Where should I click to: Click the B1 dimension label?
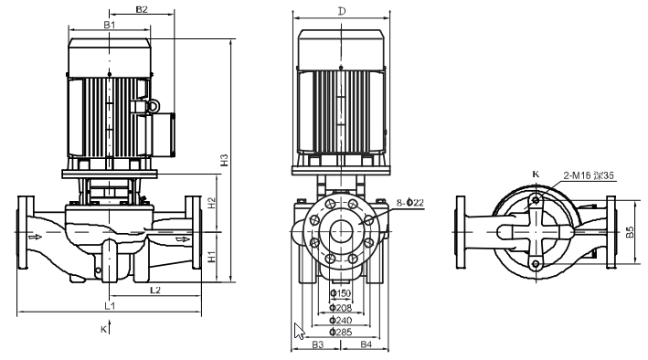[x=109, y=25]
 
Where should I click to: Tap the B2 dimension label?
[x=142, y=9]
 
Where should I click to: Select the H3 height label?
[x=224, y=160]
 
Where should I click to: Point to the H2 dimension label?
[x=212, y=203]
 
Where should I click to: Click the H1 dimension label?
[x=212, y=256]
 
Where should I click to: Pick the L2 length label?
[x=155, y=291]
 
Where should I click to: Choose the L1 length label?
[x=110, y=305]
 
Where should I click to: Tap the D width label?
[x=342, y=11]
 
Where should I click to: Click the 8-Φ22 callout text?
[x=410, y=203]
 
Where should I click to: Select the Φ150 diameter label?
[x=341, y=293]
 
